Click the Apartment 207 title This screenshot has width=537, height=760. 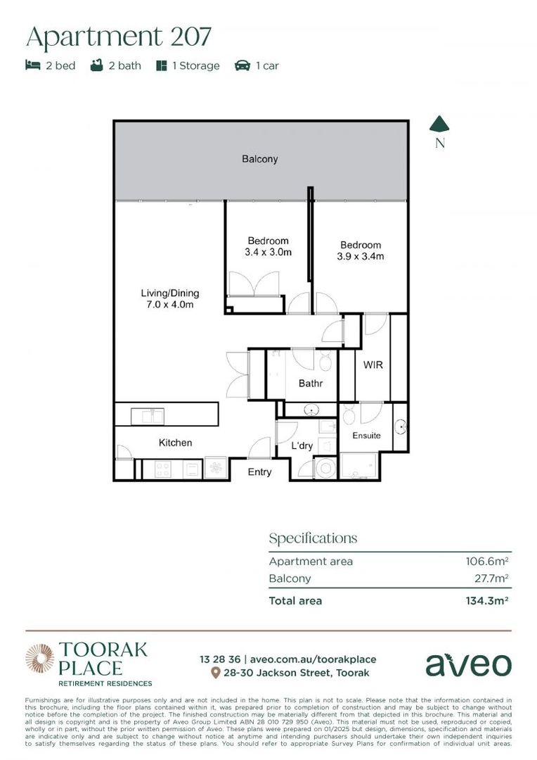pyautogui.click(x=118, y=37)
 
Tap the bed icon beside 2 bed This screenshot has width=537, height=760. pyautogui.click(x=32, y=65)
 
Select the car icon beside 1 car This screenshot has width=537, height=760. pyautogui.click(x=242, y=65)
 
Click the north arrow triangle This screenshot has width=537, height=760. pyautogui.click(x=439, y=125)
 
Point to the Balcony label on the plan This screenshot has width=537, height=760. pyautogui.click(x=259, y=159)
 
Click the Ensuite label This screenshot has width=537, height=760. pyautogui.click(x=366, y=436)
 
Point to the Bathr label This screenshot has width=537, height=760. pyautogui.click(x=310, y=384)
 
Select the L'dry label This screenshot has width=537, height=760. pyautogui.click(x=302, y=446)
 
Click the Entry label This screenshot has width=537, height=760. pyautogui.click(x=259, y=471)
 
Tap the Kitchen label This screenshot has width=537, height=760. pyautogui.click(x=175, y=443)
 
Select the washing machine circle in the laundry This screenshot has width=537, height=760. pyautogui.click(x=325, y=469)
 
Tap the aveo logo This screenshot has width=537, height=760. pyautogui.click(x=468, y=664)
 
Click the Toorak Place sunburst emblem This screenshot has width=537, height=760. pyautogui.click(x=39, y=659)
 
